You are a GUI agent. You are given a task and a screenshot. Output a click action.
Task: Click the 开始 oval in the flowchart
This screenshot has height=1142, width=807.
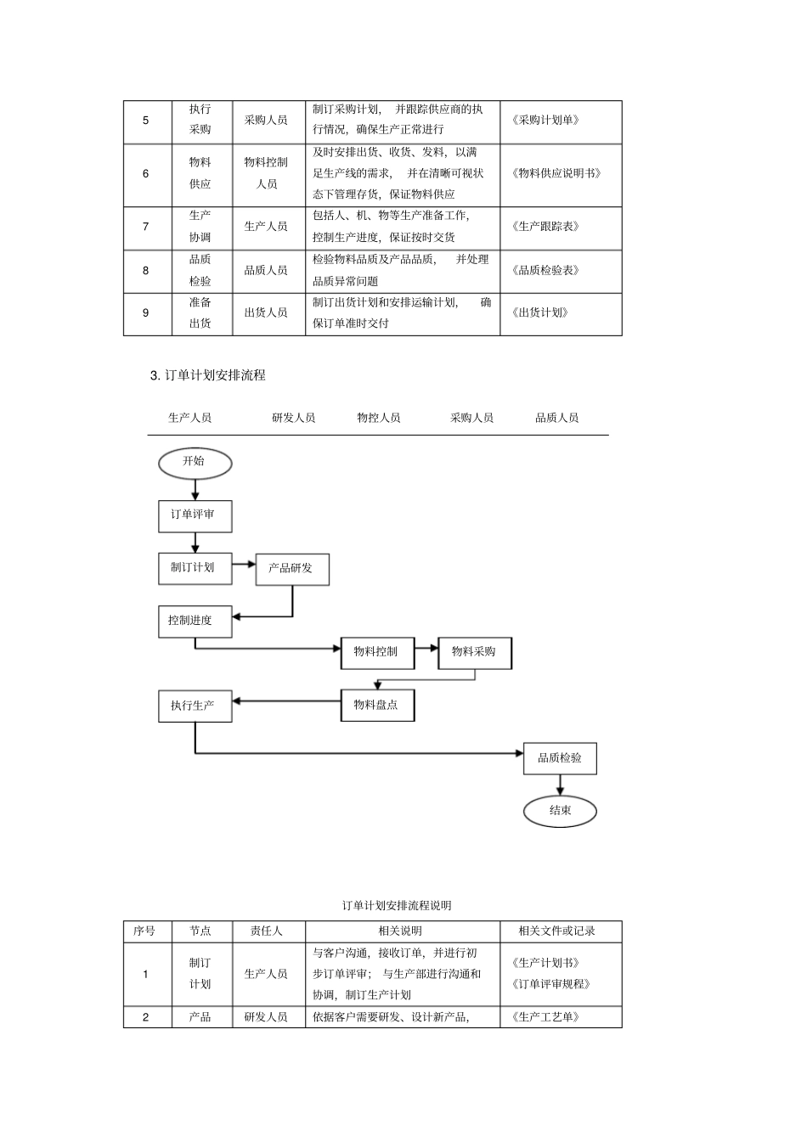click(x=195, y=462)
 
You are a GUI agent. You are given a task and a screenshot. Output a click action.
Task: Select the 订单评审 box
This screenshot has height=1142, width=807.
click(x=195, y=515)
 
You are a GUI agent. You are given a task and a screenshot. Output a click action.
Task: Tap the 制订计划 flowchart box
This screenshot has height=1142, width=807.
click(x=195, y=568)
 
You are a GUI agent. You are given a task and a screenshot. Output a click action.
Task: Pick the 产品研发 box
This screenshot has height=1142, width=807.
click(x=292, y=569)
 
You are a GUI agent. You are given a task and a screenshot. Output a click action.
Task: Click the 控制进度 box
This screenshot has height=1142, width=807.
click(x=195, y=621)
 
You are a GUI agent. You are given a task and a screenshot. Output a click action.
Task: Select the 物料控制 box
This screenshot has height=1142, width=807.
click(x=377, y=652)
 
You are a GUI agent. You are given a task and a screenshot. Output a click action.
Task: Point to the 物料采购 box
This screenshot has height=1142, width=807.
click(x=474, y=652)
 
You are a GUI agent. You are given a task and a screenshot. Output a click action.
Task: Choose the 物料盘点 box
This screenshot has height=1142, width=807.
click(x=377, y=705)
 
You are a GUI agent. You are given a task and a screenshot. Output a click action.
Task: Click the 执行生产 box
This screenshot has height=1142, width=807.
click(x=195, y=706)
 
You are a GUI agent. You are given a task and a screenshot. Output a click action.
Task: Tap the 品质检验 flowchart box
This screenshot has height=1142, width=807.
click(x=560, y=757)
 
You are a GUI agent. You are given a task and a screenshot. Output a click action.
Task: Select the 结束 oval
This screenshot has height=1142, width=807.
click(x=560, y=810)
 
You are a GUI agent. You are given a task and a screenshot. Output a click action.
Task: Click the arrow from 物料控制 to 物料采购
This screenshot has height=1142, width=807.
click(x=426, y=652)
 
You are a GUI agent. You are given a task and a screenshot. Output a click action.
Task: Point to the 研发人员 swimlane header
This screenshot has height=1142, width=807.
click(x=293, y=418)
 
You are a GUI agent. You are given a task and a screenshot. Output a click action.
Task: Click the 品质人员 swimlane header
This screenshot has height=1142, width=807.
click(x=556, y=418)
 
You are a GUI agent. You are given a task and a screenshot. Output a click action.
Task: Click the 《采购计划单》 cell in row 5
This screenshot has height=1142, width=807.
click(x=545, y=121)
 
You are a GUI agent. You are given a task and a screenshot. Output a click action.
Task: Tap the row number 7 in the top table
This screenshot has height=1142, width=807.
click(x=145, y=227)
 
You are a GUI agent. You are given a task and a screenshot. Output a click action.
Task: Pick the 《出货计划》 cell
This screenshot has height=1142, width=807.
click(x=540, y=312)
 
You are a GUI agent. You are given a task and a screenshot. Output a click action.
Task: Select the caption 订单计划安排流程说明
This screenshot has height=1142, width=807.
click(x=397, y=905)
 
